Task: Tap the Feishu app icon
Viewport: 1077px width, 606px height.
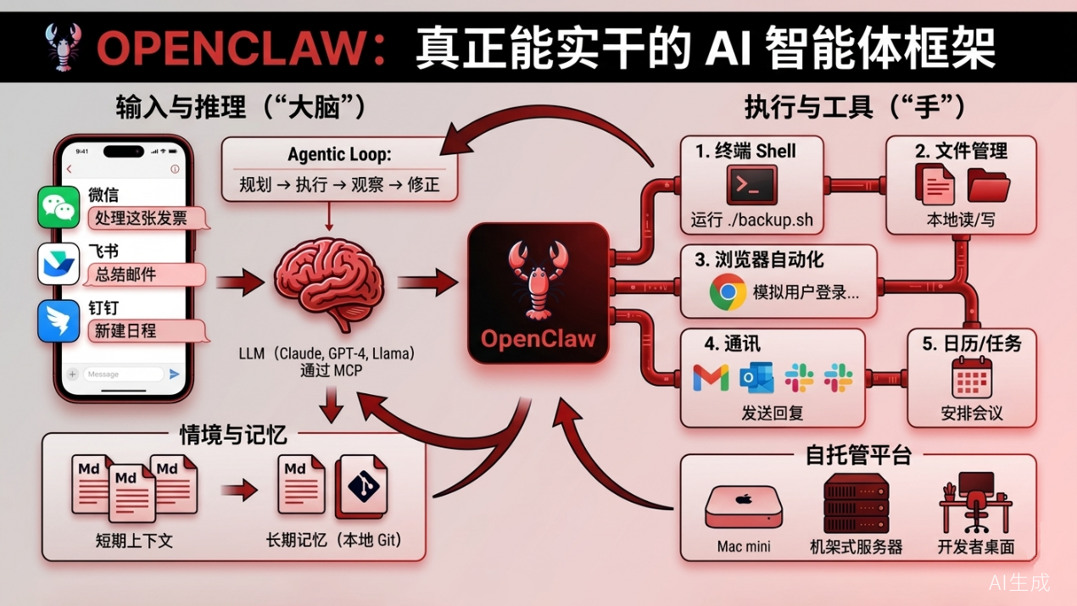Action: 59,264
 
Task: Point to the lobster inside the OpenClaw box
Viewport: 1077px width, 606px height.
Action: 536,280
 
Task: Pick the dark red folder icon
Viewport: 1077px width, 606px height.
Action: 988,185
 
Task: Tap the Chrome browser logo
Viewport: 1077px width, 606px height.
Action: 728,292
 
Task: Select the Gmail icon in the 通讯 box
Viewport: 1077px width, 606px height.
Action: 711,378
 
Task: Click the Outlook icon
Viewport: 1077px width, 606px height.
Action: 756,378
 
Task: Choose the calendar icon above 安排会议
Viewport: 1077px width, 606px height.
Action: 972,377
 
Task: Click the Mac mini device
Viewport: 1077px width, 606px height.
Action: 744,508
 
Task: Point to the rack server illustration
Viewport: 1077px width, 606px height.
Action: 857,503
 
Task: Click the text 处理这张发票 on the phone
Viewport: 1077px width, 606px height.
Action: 142,218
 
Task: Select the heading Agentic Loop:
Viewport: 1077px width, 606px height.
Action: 338,154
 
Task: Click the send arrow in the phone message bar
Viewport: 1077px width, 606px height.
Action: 175,374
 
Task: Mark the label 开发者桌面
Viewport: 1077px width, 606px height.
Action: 975,547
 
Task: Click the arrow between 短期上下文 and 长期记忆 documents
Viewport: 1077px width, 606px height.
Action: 239,489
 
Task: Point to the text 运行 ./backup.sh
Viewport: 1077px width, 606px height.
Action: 751,221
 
